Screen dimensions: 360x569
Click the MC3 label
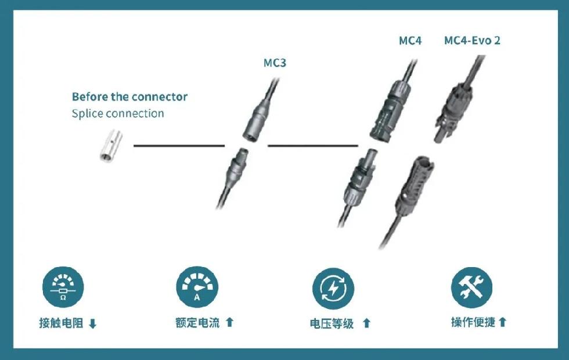coord(275,63)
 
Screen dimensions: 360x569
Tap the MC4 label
coord(410,41)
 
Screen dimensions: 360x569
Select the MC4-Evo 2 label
coord(472,41)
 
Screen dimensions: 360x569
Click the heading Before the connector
coord(129,96)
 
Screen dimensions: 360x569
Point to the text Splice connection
coord(118,113)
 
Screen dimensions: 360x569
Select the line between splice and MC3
coord(179,145)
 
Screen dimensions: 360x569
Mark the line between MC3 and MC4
coord(312,145)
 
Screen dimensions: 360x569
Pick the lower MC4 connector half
coord(357,180)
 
